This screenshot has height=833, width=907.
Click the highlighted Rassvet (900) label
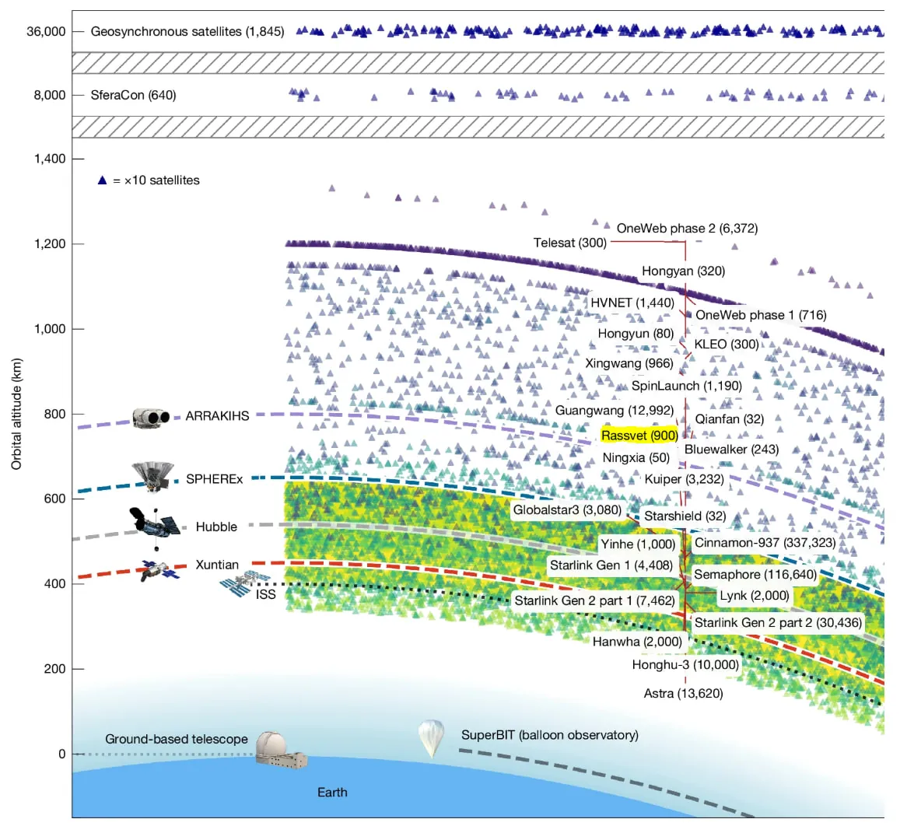pyautogui.click(x=639, y=436)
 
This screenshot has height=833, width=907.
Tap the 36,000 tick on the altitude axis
pyautogui.click(x=49, y=32)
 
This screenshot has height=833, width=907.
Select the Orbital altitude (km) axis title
pyautogui.click(x=17, y=414)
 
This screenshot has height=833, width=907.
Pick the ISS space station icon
pyautogui.click(x=244, y=583)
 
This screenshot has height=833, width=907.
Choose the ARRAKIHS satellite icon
pyautogui.click(x=151, y=418)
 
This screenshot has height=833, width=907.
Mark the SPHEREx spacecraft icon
pyautogui.click(x=152, y=476)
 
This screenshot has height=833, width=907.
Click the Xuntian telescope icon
pyautogui.click(x=159, y=571)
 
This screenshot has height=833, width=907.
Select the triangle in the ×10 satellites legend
pyautogui.click(x=102, y=180)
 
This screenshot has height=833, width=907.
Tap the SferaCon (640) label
pyautogui.click(x=133, y=95)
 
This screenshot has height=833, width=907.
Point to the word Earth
pyautogui.click(x=332, y=793)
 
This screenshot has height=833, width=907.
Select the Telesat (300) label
pyautogui.click(x=569, y=243)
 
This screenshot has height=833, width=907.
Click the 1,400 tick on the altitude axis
pyautogui.click(x=50, y=159)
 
